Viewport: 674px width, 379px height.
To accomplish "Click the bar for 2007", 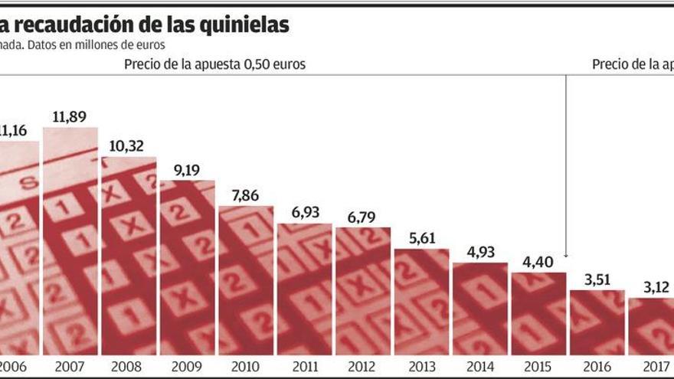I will click(x=70, y=241).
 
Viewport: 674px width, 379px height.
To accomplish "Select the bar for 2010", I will click(x=246, y=280).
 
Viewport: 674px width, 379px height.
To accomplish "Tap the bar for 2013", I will click(x=422, y=302).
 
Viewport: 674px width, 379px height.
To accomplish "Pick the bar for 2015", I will click(x=538, y=313).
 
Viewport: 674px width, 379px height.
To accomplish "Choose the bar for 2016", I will click(x=597, y=322).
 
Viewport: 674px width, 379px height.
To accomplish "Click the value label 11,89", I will click(x=70, y=117).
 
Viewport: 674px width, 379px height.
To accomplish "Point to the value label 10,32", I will click(x=129, y=146).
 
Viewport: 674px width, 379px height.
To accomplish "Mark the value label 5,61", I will click(x=422, y=238).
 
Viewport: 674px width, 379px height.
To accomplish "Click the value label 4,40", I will click(x=538, y=261).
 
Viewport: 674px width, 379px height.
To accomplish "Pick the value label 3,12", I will click(x=654, y=287).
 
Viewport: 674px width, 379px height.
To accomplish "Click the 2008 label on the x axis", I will click(x=129, y=366).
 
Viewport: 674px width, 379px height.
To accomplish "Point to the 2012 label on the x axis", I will click(x=363, y=366).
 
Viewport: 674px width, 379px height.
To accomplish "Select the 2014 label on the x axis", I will click(x=480, y=366).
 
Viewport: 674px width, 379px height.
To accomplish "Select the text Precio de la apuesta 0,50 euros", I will click(x=215, y=64).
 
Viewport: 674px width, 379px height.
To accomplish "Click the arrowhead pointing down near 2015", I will click(x=566, y=255).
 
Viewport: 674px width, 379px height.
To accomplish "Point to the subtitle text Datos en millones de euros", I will click(x=84, y=44).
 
